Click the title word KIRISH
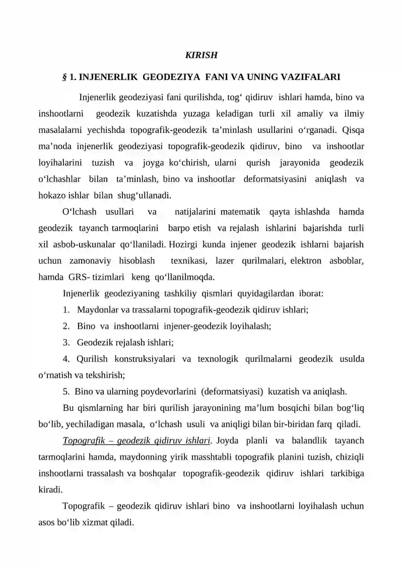coord(201,54)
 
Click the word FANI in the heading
coord(216,77)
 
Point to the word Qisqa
coord(353,130)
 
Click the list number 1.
coord(66,310)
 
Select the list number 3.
coord(66,343)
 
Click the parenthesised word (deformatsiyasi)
coord(233,391)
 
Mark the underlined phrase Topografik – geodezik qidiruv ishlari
coord(136,440)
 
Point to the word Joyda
coord(228,440)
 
